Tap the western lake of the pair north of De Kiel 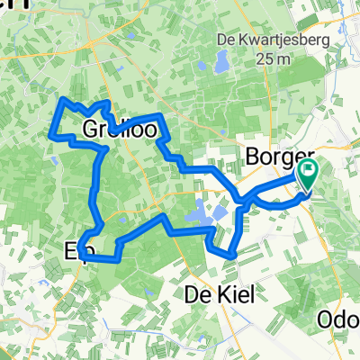pos(194,215)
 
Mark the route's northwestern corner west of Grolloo pos(61,99)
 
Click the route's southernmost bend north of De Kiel pos(231,255)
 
